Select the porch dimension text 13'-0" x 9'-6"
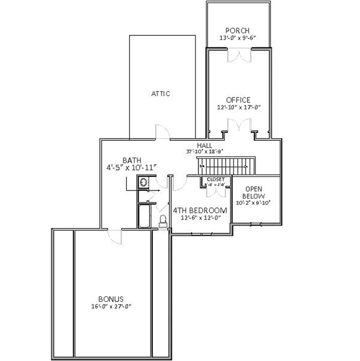(238, 38)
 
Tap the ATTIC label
(160, 94)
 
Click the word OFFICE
(238, 100)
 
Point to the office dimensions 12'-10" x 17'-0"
(238, 108)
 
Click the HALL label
(204, 145)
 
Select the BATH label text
(131, 160)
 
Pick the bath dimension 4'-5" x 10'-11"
(131, 168)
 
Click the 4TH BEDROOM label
(200, 210)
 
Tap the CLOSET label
(216, 179)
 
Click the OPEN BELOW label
(254, 193)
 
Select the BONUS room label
(111, 299)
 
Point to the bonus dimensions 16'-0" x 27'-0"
(111, 306)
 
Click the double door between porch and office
(238, 55)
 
